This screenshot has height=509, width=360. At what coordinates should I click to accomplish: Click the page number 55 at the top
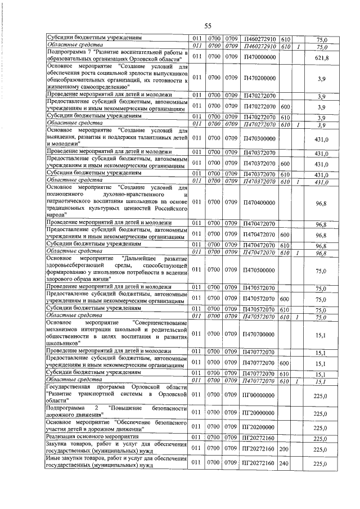click(x=207, y=26)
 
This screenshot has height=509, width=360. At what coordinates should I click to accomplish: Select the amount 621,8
click(x=321, y=58)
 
